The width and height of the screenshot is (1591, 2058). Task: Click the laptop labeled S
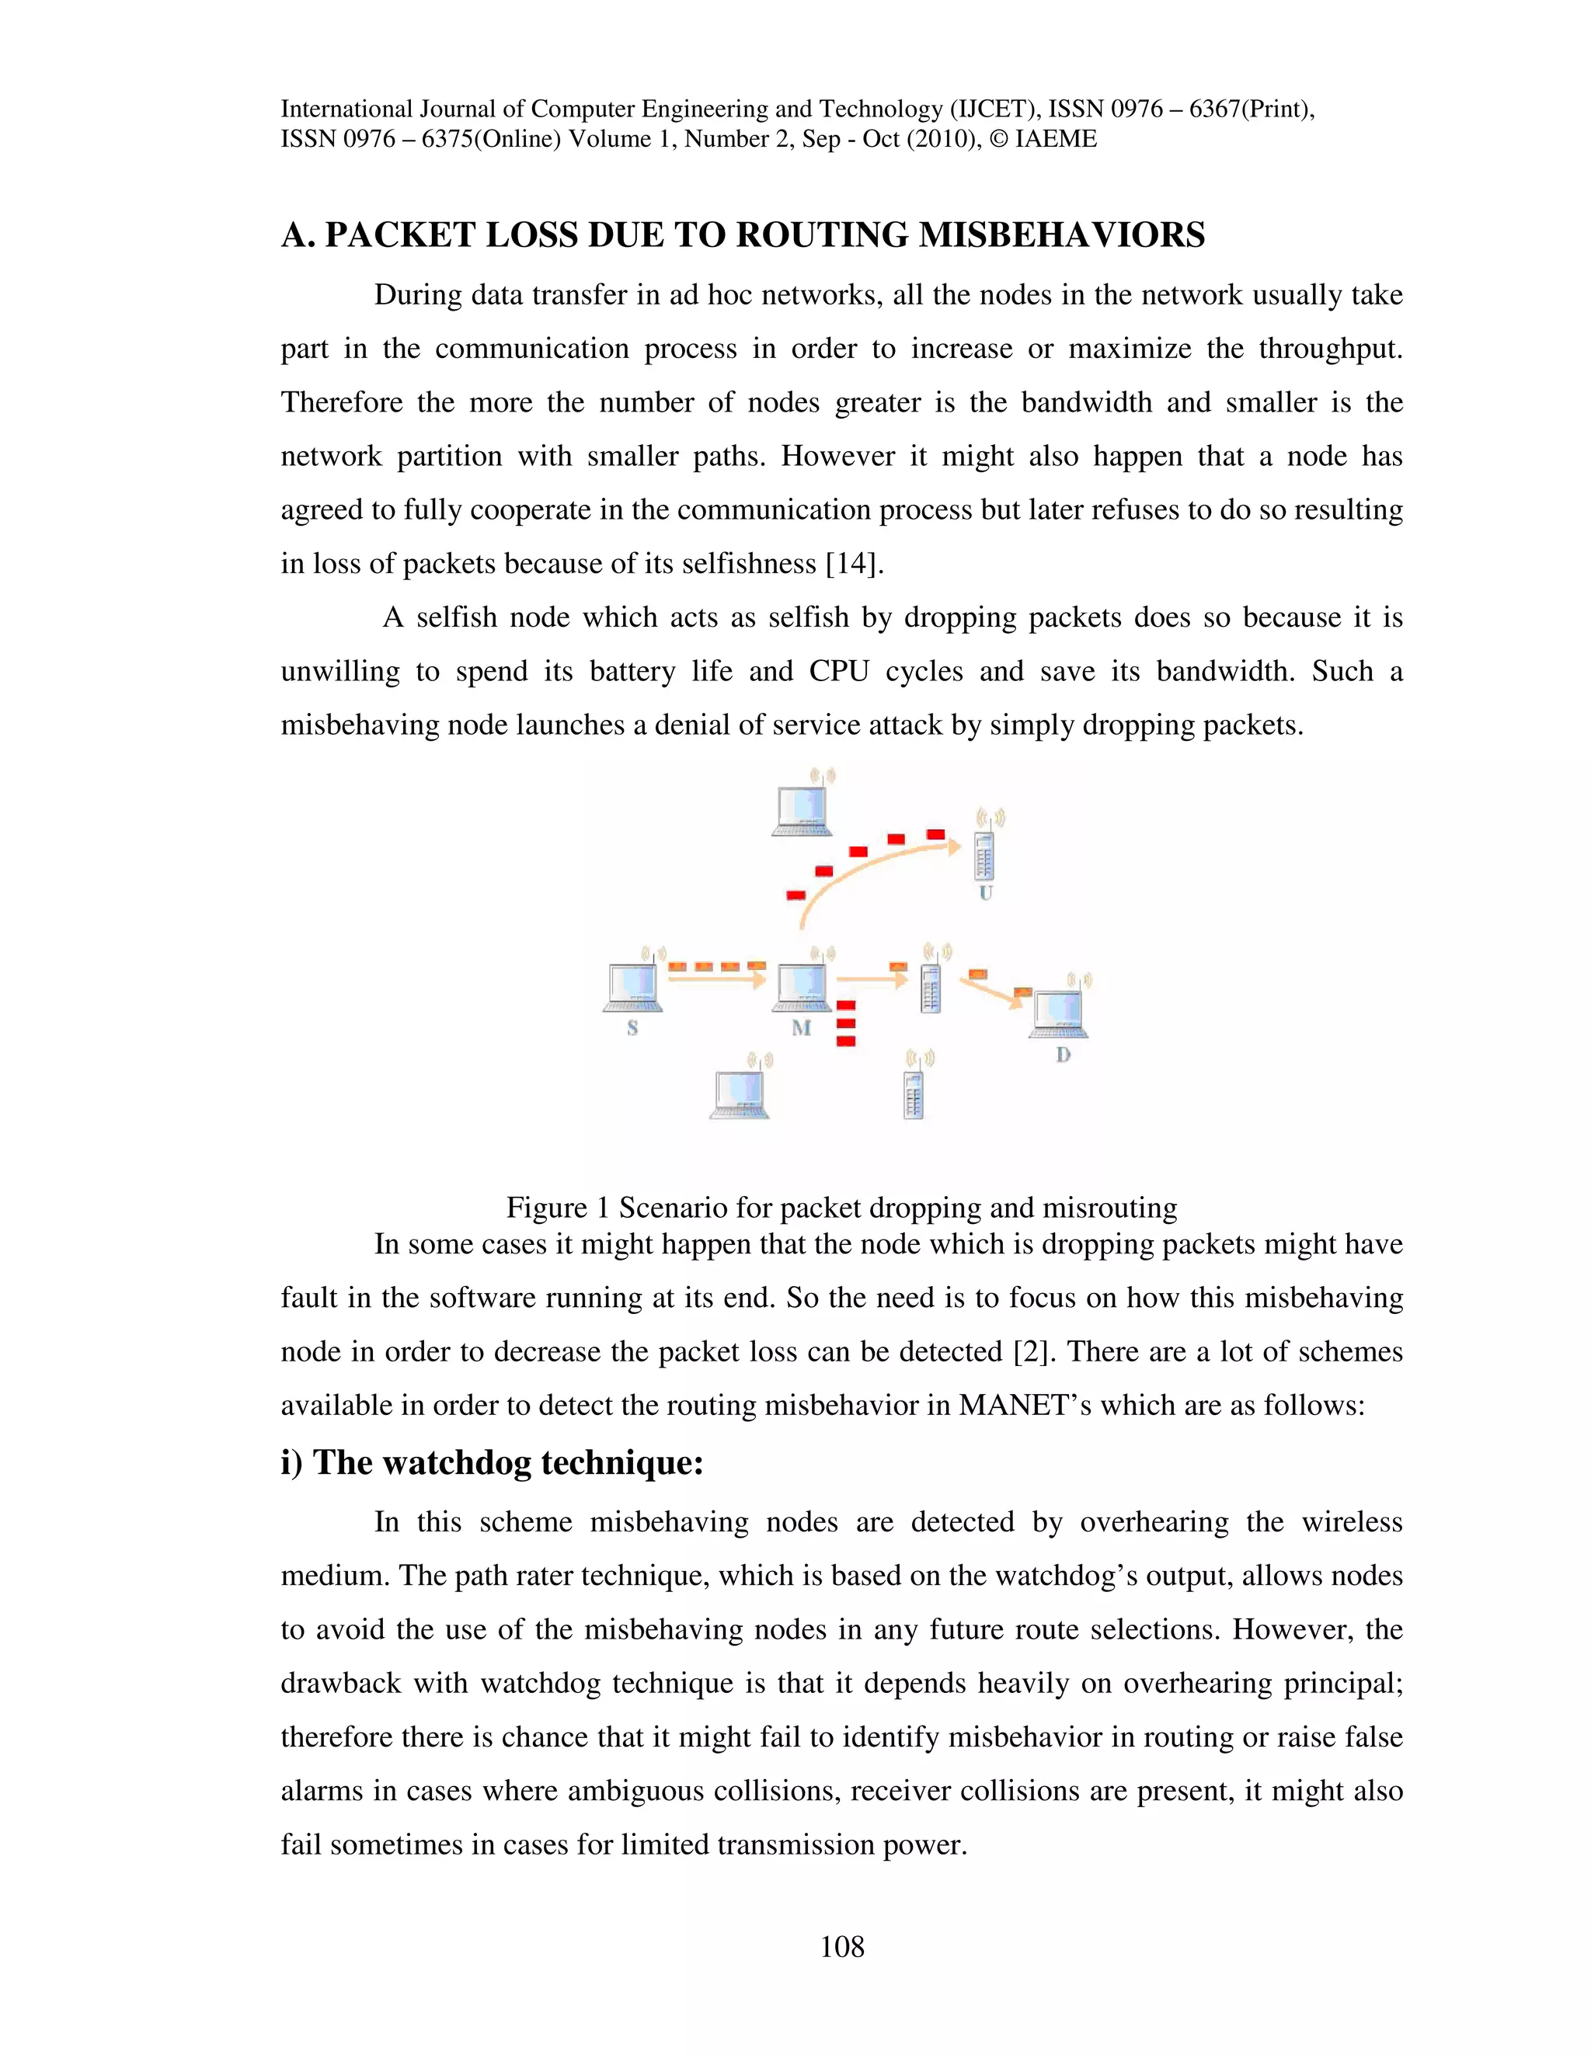point(632,986)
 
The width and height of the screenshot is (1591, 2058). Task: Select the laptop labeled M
point(802,986)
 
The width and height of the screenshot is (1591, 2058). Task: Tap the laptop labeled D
point(1060,1012)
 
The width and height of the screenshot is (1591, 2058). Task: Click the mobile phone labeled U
point(984,856)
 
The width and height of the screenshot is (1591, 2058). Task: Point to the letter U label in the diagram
point(985,892)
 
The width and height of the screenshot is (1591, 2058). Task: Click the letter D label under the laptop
point(1064,1055)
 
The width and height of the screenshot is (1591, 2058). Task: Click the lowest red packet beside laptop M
point(845,1041)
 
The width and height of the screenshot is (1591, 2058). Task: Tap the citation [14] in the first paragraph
point(854,564)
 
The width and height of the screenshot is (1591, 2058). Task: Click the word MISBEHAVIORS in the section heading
point(1061,235)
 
